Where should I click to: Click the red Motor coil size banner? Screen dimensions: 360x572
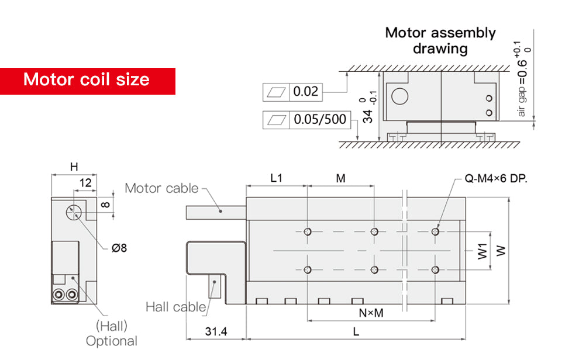tap(87, 80)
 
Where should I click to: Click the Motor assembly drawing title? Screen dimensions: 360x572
tap(440, 40)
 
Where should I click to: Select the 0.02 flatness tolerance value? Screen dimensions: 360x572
tap(305, 91)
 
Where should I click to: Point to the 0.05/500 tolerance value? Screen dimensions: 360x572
tap(319, 120)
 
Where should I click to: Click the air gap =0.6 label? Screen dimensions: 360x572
tap(522, 88)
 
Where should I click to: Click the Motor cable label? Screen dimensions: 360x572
tap(161, 188)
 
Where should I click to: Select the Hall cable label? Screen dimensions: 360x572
tap(175, 306)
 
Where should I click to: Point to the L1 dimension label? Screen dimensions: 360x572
tap(276, 179)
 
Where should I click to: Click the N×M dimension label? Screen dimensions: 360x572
tap(371, 313)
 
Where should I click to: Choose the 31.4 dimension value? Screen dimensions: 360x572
tap(216, 331)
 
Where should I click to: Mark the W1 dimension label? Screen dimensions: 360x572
tap(481, 251)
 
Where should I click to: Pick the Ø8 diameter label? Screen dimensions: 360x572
tap(119, 248)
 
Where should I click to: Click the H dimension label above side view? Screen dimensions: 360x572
tap(74, 167)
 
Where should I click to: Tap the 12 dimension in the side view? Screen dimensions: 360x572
tap(85, 183)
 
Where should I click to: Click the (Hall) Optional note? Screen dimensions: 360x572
tap(111, 334)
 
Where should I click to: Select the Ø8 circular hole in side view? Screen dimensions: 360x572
tap(74, 212)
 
